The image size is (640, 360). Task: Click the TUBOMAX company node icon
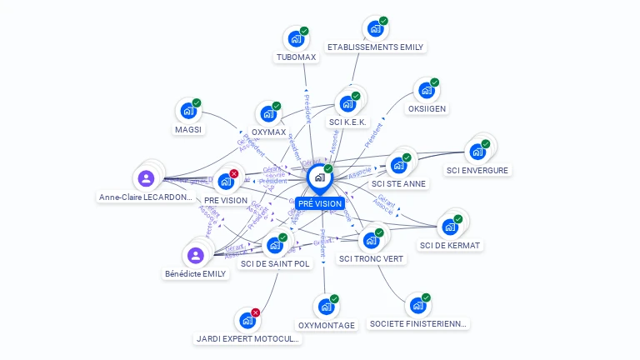(295, 38)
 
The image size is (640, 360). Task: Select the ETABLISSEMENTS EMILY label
(375, 47)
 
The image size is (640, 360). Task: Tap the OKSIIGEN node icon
(426, 90)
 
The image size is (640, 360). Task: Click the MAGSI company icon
(187, 111)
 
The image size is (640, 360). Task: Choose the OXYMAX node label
(268, 132)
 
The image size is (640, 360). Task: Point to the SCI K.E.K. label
(347, 122)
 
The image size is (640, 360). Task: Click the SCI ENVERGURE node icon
(477, 152)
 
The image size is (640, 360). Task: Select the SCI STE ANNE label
(398, 183)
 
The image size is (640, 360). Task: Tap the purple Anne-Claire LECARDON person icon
(146, 178)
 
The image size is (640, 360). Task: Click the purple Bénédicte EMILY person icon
(195, 255)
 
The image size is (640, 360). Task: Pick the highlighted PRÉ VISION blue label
(320, 203)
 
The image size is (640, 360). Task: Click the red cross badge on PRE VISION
(234, 173)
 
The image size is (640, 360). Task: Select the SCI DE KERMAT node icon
(450, 227)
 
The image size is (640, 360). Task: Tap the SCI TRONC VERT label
(371, 258)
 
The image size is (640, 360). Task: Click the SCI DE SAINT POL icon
(274, 245)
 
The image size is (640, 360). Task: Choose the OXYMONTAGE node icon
(325, 307)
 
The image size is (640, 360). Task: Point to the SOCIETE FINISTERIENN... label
(419, 323)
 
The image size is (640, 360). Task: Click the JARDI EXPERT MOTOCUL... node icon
(247, 320)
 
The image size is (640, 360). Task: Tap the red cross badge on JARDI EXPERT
(256, 312)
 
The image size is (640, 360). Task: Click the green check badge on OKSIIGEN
(435, 82)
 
